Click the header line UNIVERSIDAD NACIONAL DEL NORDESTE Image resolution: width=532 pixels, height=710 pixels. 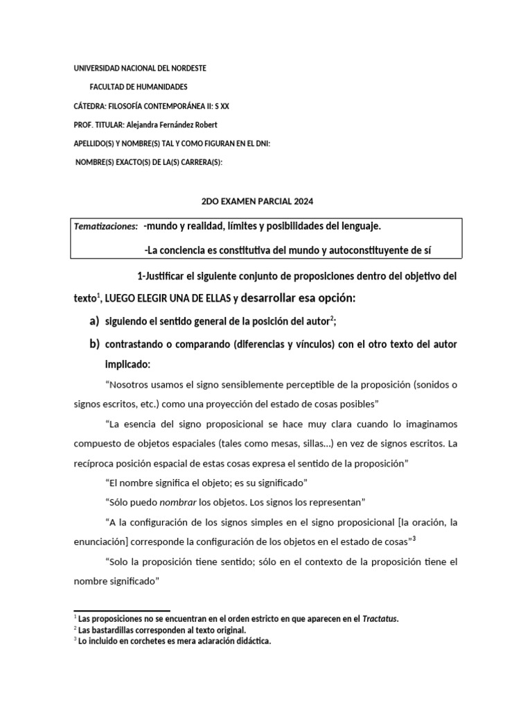point(140,69)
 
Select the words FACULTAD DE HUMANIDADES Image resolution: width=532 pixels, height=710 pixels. point(139,87)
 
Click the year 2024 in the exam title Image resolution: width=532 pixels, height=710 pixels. point(303,201)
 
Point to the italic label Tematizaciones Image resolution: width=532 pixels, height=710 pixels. point(106,227)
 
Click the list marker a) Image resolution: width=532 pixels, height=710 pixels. point(94,321)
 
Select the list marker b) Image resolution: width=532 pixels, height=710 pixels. point(94,344)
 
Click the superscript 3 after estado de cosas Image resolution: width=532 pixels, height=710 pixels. point(414,538)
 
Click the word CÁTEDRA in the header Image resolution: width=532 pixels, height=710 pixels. point(90,106)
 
